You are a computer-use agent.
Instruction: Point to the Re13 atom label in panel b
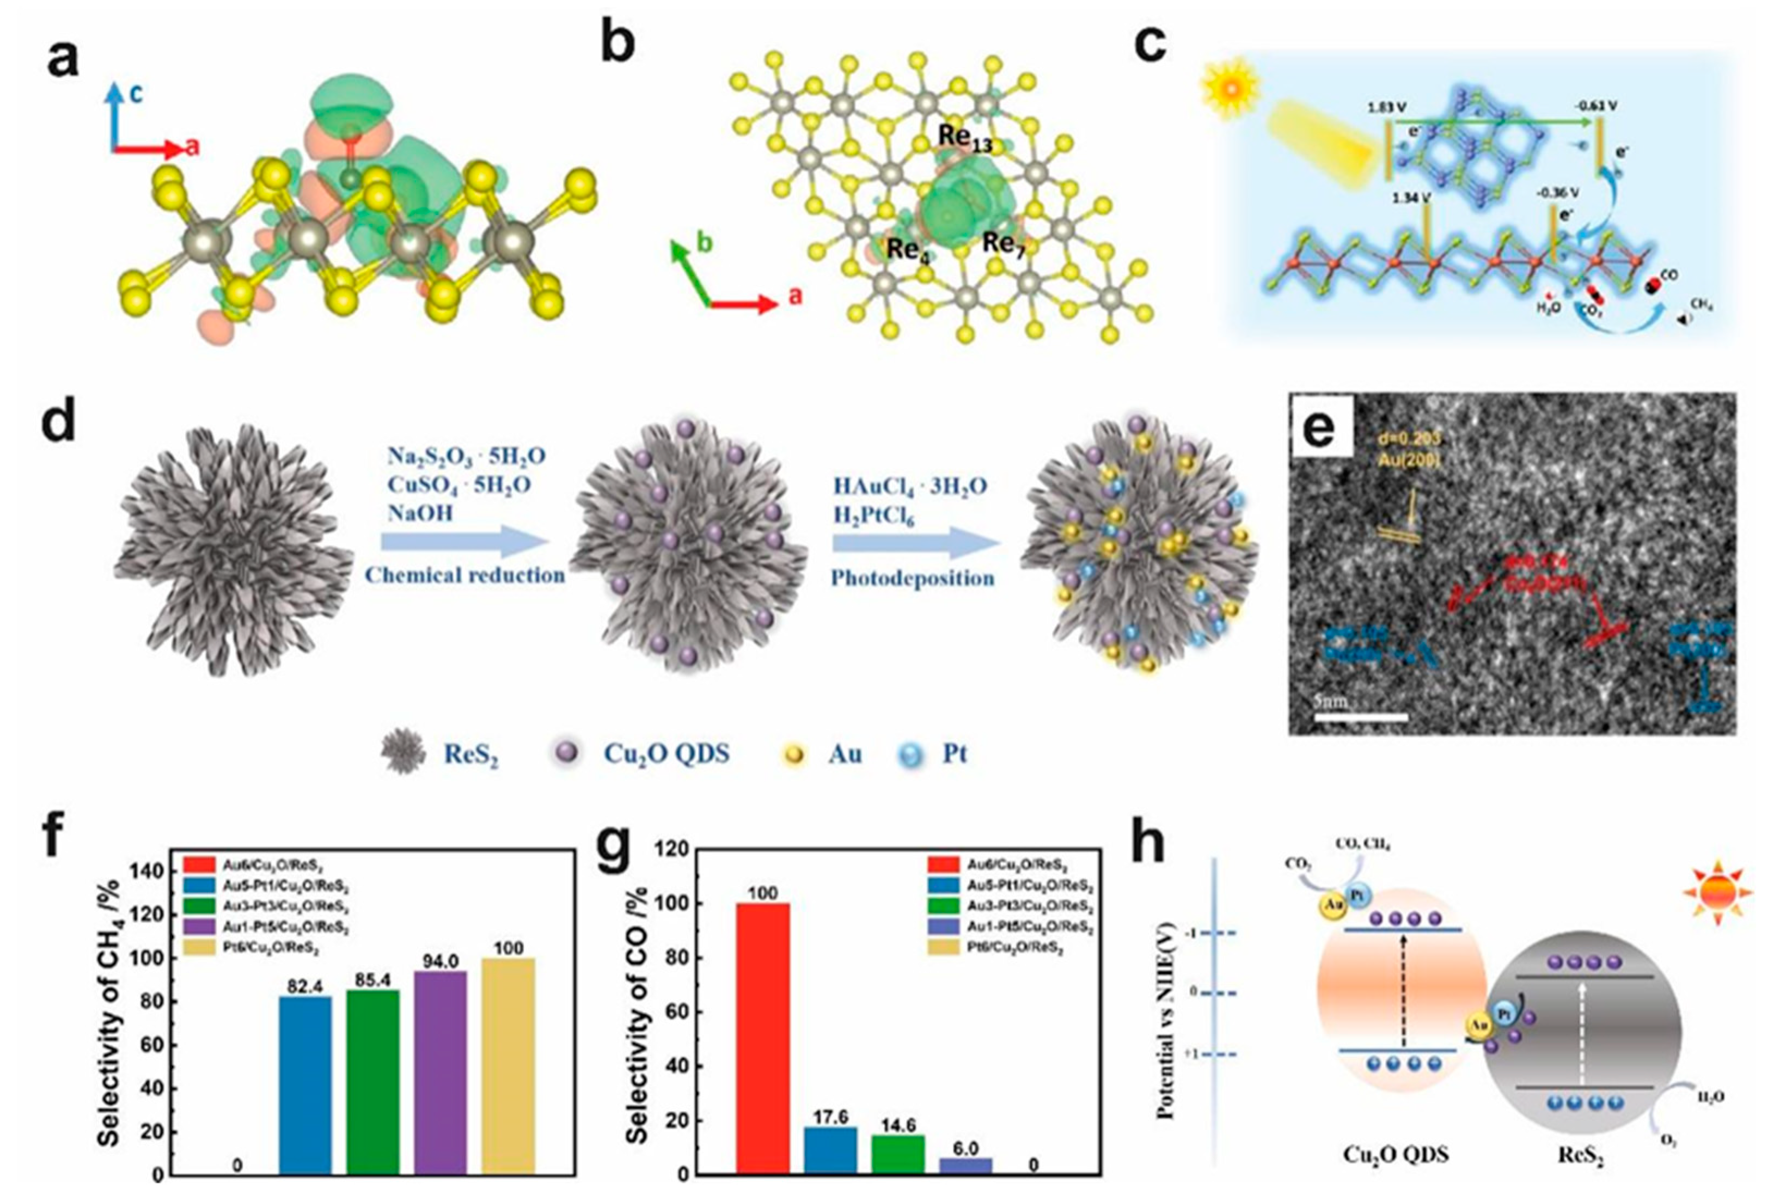[964, 138]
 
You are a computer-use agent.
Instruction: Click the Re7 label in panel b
[1002, 244]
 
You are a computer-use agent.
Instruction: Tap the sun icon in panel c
[1230, 89]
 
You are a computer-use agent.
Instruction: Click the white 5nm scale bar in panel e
[1360, 716]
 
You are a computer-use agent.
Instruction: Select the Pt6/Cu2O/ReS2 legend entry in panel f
[251, 948]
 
